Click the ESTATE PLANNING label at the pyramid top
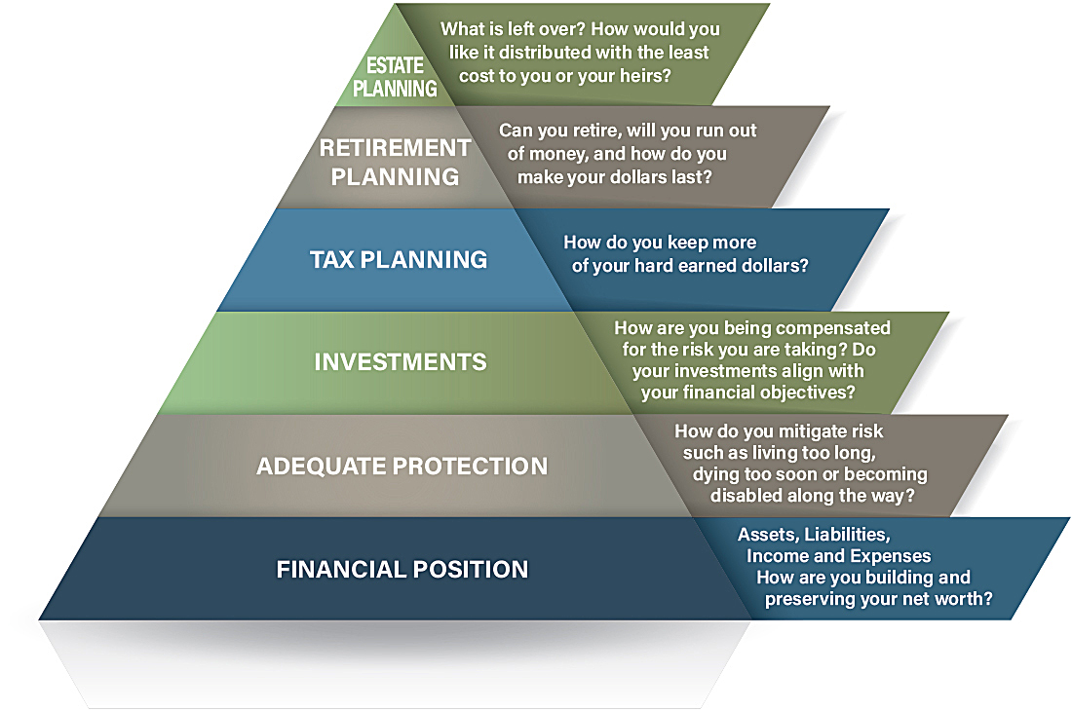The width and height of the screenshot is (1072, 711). click(x=395, y=77)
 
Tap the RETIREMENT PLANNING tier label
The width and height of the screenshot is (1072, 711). click(x=395, y=162)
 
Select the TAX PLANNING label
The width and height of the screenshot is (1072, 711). click(x=399, y=259)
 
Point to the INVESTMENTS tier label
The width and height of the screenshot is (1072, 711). click(x=401, y=362)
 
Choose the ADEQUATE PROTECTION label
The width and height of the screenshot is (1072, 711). click(x=402, y=466)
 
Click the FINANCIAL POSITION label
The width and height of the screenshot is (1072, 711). click(x=402, y=569)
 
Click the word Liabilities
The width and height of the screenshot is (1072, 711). click(x=847, y=534)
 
